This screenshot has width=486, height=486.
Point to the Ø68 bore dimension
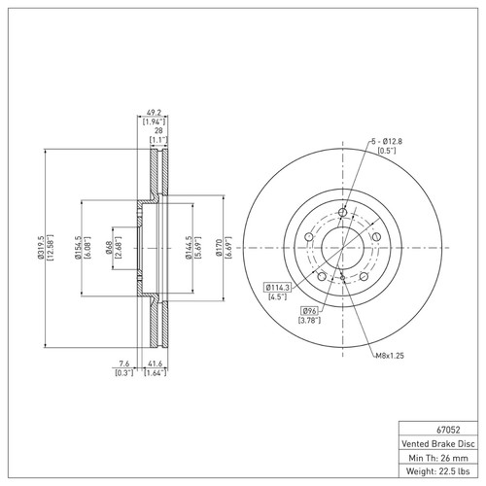pyautogui.click(x=107, y=250)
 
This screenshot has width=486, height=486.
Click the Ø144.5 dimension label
pyautogui.click(x=187, y=250)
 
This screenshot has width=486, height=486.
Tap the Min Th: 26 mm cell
pyautogui.click(x=439, y=457)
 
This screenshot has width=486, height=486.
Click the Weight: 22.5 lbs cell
pyautogui.click(x=439, y=471)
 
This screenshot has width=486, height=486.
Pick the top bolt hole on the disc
pyautogui.click(x=343, y=211)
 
